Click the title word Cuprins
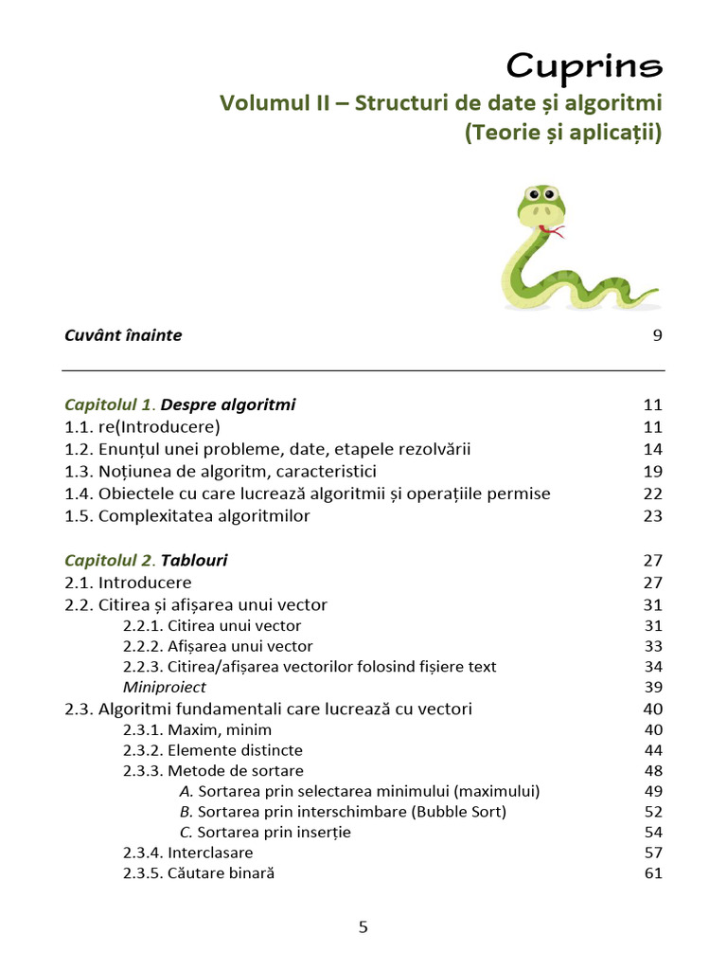point(584,65)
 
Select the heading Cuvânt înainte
point(123,335)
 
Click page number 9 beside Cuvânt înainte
point(657,335)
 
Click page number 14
point(653,449)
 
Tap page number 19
point(653,472)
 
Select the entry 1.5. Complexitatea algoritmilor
point(187,516)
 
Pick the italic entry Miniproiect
point(165,687)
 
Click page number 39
point(653,687)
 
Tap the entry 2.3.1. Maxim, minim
point(197,729)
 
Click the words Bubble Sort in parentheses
point(460,812)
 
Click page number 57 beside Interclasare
point(653,853)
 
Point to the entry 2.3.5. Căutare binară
point(199,873)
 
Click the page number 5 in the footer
point(363,927)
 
